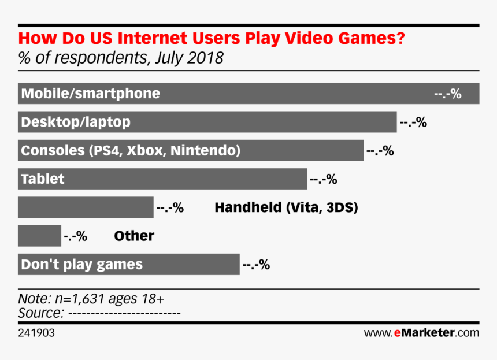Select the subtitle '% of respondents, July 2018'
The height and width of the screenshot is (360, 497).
(x=121, y=59)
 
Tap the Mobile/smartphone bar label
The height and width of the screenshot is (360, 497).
(x=90, y=93)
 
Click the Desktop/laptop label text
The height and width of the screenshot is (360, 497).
(x=75, y=122)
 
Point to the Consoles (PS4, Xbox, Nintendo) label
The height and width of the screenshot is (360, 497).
(x=131, y=150)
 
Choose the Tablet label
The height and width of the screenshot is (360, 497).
(x=43, y=179)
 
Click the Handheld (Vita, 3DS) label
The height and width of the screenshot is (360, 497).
(x=286, y=207)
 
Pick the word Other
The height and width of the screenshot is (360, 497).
(x=134, y=236)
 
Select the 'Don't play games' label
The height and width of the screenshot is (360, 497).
(x=81, y=265)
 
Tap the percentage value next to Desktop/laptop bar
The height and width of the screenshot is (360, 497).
(x=413, y=122)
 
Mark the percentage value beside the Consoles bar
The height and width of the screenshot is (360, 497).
(x=380, y=151)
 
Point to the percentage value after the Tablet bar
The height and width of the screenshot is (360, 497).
(x=323, y=179)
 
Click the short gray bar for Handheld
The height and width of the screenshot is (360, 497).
(x=86, y=207)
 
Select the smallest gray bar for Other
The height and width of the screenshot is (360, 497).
(x=39, y=236)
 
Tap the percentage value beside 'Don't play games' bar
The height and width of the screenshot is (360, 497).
(x=256, y=265)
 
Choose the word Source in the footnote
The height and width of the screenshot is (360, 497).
(x=40, y=313)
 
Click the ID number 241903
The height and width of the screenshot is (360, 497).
(x=37, y=333)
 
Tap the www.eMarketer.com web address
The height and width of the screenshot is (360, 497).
(x=421, y=333)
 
